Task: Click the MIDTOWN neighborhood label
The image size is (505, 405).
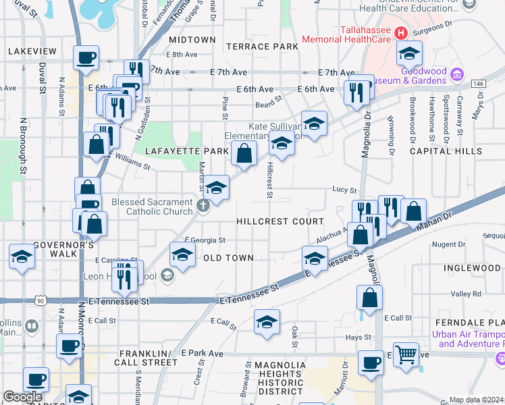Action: pyautogui.click(x=193, y=40)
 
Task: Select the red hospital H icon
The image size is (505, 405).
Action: pyautogui.click(x=401, y=32)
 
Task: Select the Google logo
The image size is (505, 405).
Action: pyautogui.click(x=22, y=397)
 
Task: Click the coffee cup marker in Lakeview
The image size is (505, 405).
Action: pyautogui.click(x=86, y=58)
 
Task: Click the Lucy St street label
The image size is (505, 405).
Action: pyautogui.click(x=344, y=191)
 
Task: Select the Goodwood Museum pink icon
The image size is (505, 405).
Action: pyautogui.click(x=456, y=75)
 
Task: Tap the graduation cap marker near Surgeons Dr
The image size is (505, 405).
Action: pyautogui.click(x=409, y=53)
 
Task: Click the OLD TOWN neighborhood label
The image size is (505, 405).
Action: pyautogui.click(x=228, y=258)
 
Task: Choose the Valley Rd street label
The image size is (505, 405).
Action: pyautogui.click(x=466, y=294)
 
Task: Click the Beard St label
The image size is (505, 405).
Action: pyautogui.click(x=268, y=105)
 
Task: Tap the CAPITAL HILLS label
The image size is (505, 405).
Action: pyautogui.click(x=441, y=151)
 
